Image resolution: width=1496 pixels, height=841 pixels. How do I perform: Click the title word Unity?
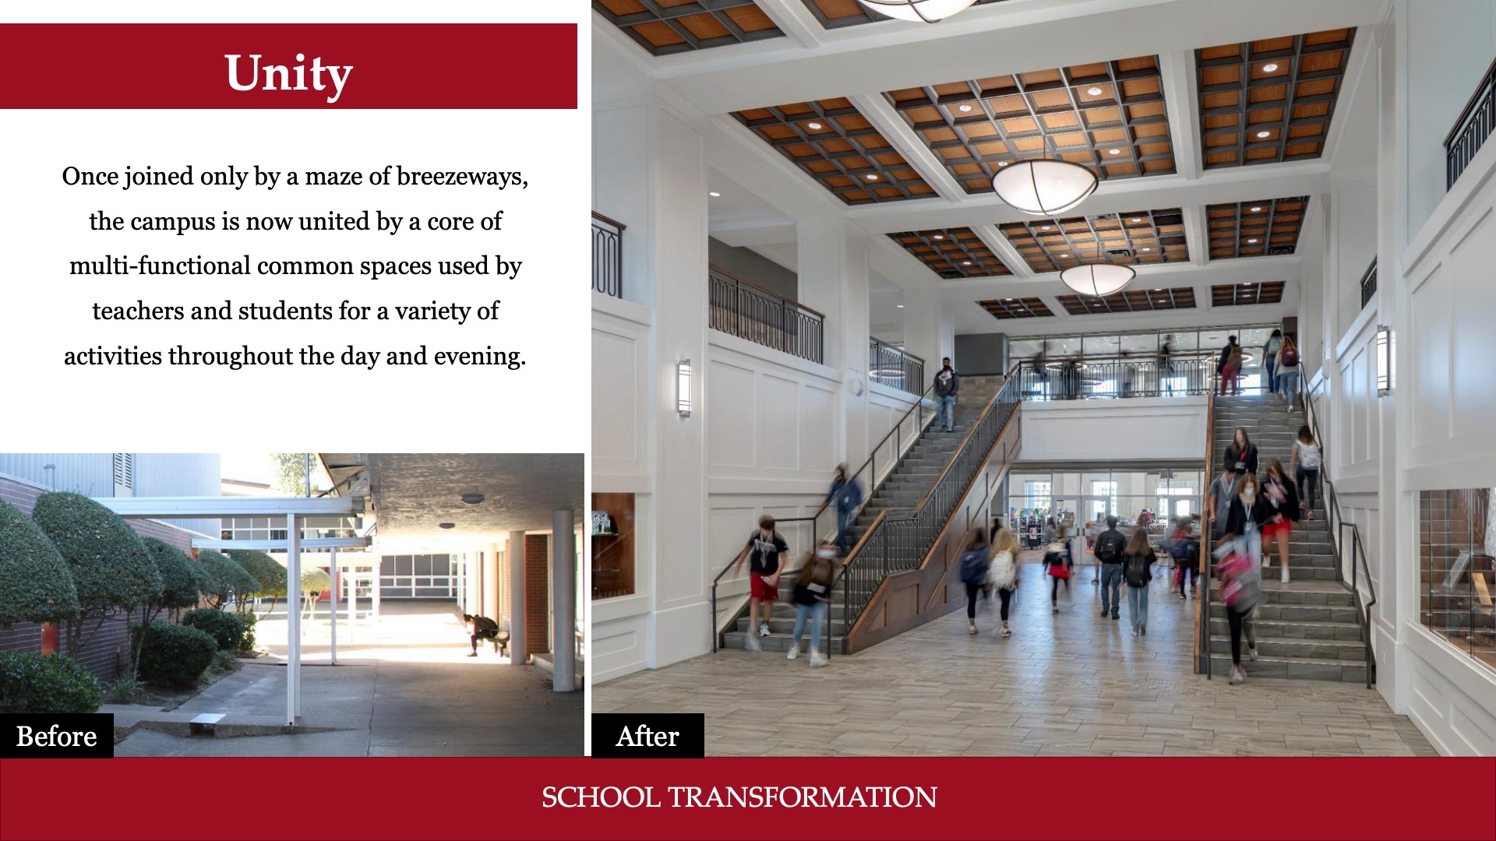(x=288, y=75)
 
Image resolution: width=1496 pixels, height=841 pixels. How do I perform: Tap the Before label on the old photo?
(x=56, y=736)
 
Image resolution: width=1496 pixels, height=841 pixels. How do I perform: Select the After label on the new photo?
(x=647, y=736)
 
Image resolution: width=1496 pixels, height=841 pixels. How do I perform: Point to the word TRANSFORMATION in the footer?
(x=803, y=797)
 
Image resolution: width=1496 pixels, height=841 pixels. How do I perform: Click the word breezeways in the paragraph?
(x=462, y=177)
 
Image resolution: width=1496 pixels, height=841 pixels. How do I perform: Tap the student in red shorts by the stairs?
(x=765, y=576)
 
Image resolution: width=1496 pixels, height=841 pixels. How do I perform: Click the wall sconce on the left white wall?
(x=683, y=387)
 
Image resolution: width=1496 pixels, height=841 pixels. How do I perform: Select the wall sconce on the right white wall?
(x=1383, y=361)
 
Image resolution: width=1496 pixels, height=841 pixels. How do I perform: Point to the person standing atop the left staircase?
(x=946, y=394)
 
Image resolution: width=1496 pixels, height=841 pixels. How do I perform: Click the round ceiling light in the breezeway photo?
(x=472, y=498)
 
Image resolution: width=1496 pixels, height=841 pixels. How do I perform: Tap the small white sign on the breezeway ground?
(x=207, y=720)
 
